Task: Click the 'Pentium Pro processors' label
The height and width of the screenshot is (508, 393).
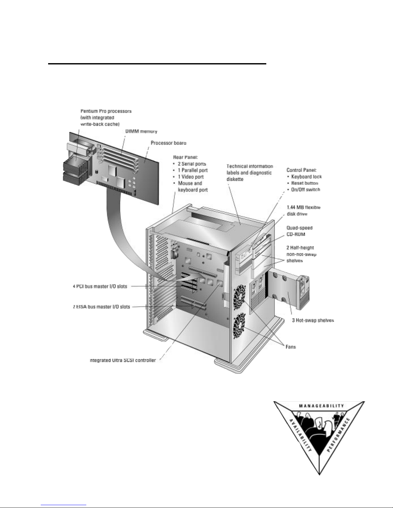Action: (x=106, y=111)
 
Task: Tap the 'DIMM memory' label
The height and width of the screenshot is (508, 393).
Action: (x=141, y=131)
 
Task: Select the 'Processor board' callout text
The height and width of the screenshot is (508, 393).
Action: (x=168, y=143)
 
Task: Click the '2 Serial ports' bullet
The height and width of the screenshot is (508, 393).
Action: (x=192, y=164)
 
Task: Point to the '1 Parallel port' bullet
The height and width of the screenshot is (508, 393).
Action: (x=193, y=170)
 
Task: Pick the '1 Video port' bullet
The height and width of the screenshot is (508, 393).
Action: (x=191, y=177)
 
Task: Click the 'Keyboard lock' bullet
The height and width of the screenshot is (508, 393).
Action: (x=306, y=177)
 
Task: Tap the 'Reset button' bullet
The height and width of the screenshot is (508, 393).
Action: (x=304, y=183)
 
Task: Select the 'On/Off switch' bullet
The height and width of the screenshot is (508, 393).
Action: (x=305, y=189)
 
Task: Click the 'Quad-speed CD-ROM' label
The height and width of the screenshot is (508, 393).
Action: (x=299, y=231)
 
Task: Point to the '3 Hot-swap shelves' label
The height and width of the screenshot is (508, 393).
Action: (x=313, y=320)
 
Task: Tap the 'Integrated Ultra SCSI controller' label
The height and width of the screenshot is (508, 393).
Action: (x=123, y=360)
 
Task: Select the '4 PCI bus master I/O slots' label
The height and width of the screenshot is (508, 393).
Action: (x=100, y=286)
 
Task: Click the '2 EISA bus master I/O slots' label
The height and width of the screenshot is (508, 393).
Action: (x=101, y=307)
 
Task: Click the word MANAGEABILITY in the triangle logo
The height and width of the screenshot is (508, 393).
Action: (x=321, y=406)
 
